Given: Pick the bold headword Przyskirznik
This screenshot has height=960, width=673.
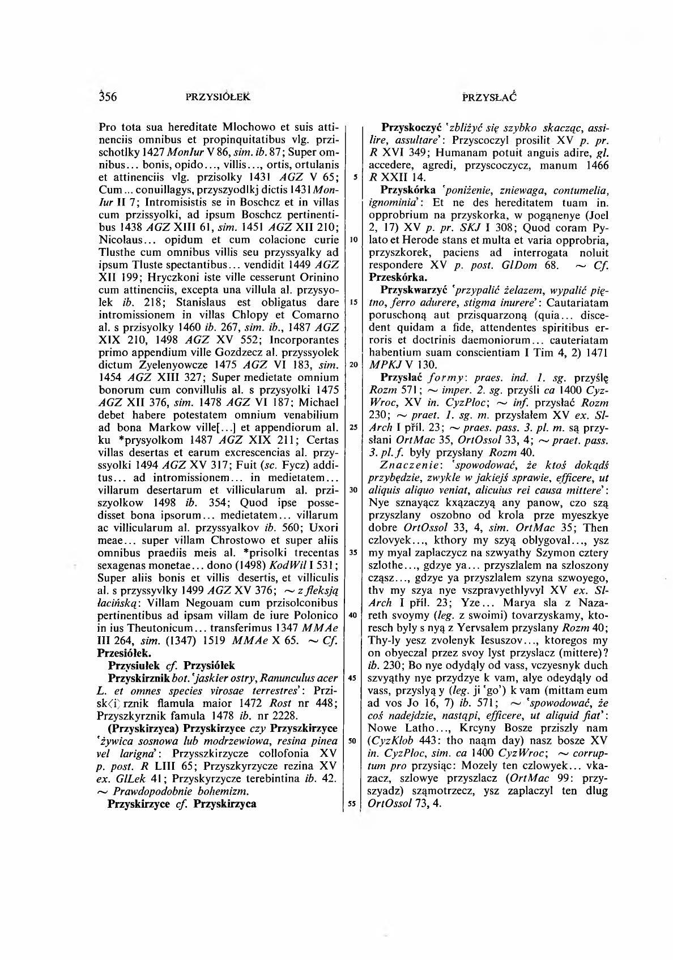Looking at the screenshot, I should click(139, 678).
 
